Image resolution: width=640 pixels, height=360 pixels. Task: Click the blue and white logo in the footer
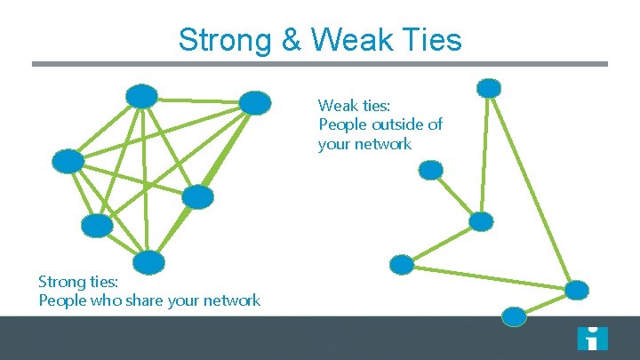[x=592, y=338]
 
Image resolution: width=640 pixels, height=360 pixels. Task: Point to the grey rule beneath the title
[x=320, y=64]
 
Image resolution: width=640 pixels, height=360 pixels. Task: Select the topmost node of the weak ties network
[x=489, y=88]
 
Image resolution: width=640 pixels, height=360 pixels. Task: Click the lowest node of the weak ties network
[x=514, y=316]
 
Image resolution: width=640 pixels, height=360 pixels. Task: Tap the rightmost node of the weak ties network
[x=577, y=290]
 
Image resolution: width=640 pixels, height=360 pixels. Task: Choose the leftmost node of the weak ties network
[x=402, y=264]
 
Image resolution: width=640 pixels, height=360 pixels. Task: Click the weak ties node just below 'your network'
[x=431, y=170]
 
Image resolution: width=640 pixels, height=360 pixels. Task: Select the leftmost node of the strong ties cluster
[x=68, y=161]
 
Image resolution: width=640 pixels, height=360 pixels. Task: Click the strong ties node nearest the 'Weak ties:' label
[x=255, y=103]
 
